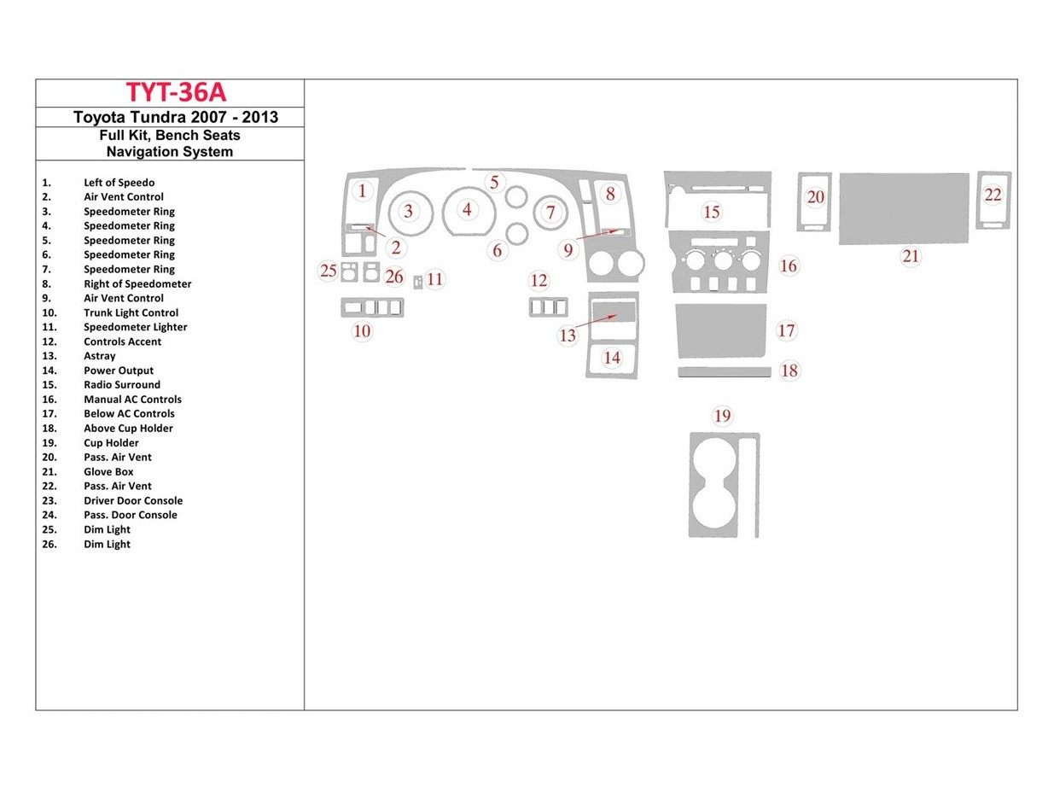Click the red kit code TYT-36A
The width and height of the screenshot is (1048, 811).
(176, 92)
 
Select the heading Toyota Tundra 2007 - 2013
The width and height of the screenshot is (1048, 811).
(176, 118)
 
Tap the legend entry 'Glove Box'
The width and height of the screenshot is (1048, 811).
(108, 471)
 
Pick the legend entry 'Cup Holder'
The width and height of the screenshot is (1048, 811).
(111, 442)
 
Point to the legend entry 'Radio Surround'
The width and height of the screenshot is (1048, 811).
(121, 385)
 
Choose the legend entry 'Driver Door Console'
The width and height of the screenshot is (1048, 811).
(133, 500)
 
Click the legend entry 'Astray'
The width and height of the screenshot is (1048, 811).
(99, 356)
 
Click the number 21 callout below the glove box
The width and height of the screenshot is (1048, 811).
(911, 256)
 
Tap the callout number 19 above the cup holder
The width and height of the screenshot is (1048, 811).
(722, 416)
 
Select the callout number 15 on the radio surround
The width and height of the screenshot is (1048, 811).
(712, 212)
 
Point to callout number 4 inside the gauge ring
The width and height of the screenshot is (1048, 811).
(467, 208)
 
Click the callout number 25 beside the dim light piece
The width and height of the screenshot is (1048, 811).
(329, 271)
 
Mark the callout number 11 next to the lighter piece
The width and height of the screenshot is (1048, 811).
(435, 279)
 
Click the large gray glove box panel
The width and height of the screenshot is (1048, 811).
(904, 208)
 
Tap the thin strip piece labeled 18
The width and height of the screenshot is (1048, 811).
(725, 371)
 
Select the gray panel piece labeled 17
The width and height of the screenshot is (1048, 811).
(720, 330)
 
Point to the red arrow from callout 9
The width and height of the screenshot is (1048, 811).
(597, 234)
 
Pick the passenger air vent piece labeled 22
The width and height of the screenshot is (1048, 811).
(993, 201)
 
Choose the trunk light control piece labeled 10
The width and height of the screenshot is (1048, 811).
(372, 308)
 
